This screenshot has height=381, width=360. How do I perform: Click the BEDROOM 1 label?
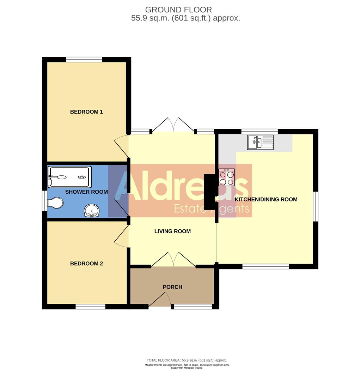(x=86, y=112)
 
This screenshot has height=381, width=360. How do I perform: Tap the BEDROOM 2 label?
(x=86, y=264)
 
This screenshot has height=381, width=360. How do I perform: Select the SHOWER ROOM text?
(x=86, y=192)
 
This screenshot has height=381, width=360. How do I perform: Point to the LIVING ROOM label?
(x=172, y=231)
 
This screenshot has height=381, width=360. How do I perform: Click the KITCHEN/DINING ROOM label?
(x=266, y=199)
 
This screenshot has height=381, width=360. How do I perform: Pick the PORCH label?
(x=172, y=287)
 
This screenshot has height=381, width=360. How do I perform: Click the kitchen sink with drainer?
(x=260, y=143)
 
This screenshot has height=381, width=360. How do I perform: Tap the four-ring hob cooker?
(x=226, y=177)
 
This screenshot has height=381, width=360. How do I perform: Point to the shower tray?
(x=70, y=177)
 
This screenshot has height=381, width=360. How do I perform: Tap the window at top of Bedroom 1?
(x=84, y=59)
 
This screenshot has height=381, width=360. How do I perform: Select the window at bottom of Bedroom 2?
(x=90, y=307)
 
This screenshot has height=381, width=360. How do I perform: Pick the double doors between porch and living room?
(x=173, y=260)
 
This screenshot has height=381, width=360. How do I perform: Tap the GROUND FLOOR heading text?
(x=178, y=10)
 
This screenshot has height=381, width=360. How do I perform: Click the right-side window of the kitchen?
(x=316, y=206)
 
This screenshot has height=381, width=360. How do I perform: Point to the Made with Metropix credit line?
(x=187, y=368)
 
